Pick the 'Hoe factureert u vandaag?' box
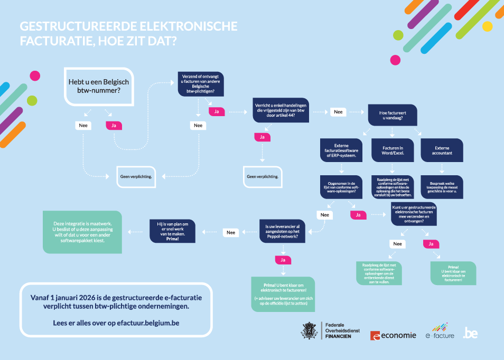(391, 115)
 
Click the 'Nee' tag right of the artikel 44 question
(338, 112)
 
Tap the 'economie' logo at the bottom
(393, 335)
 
